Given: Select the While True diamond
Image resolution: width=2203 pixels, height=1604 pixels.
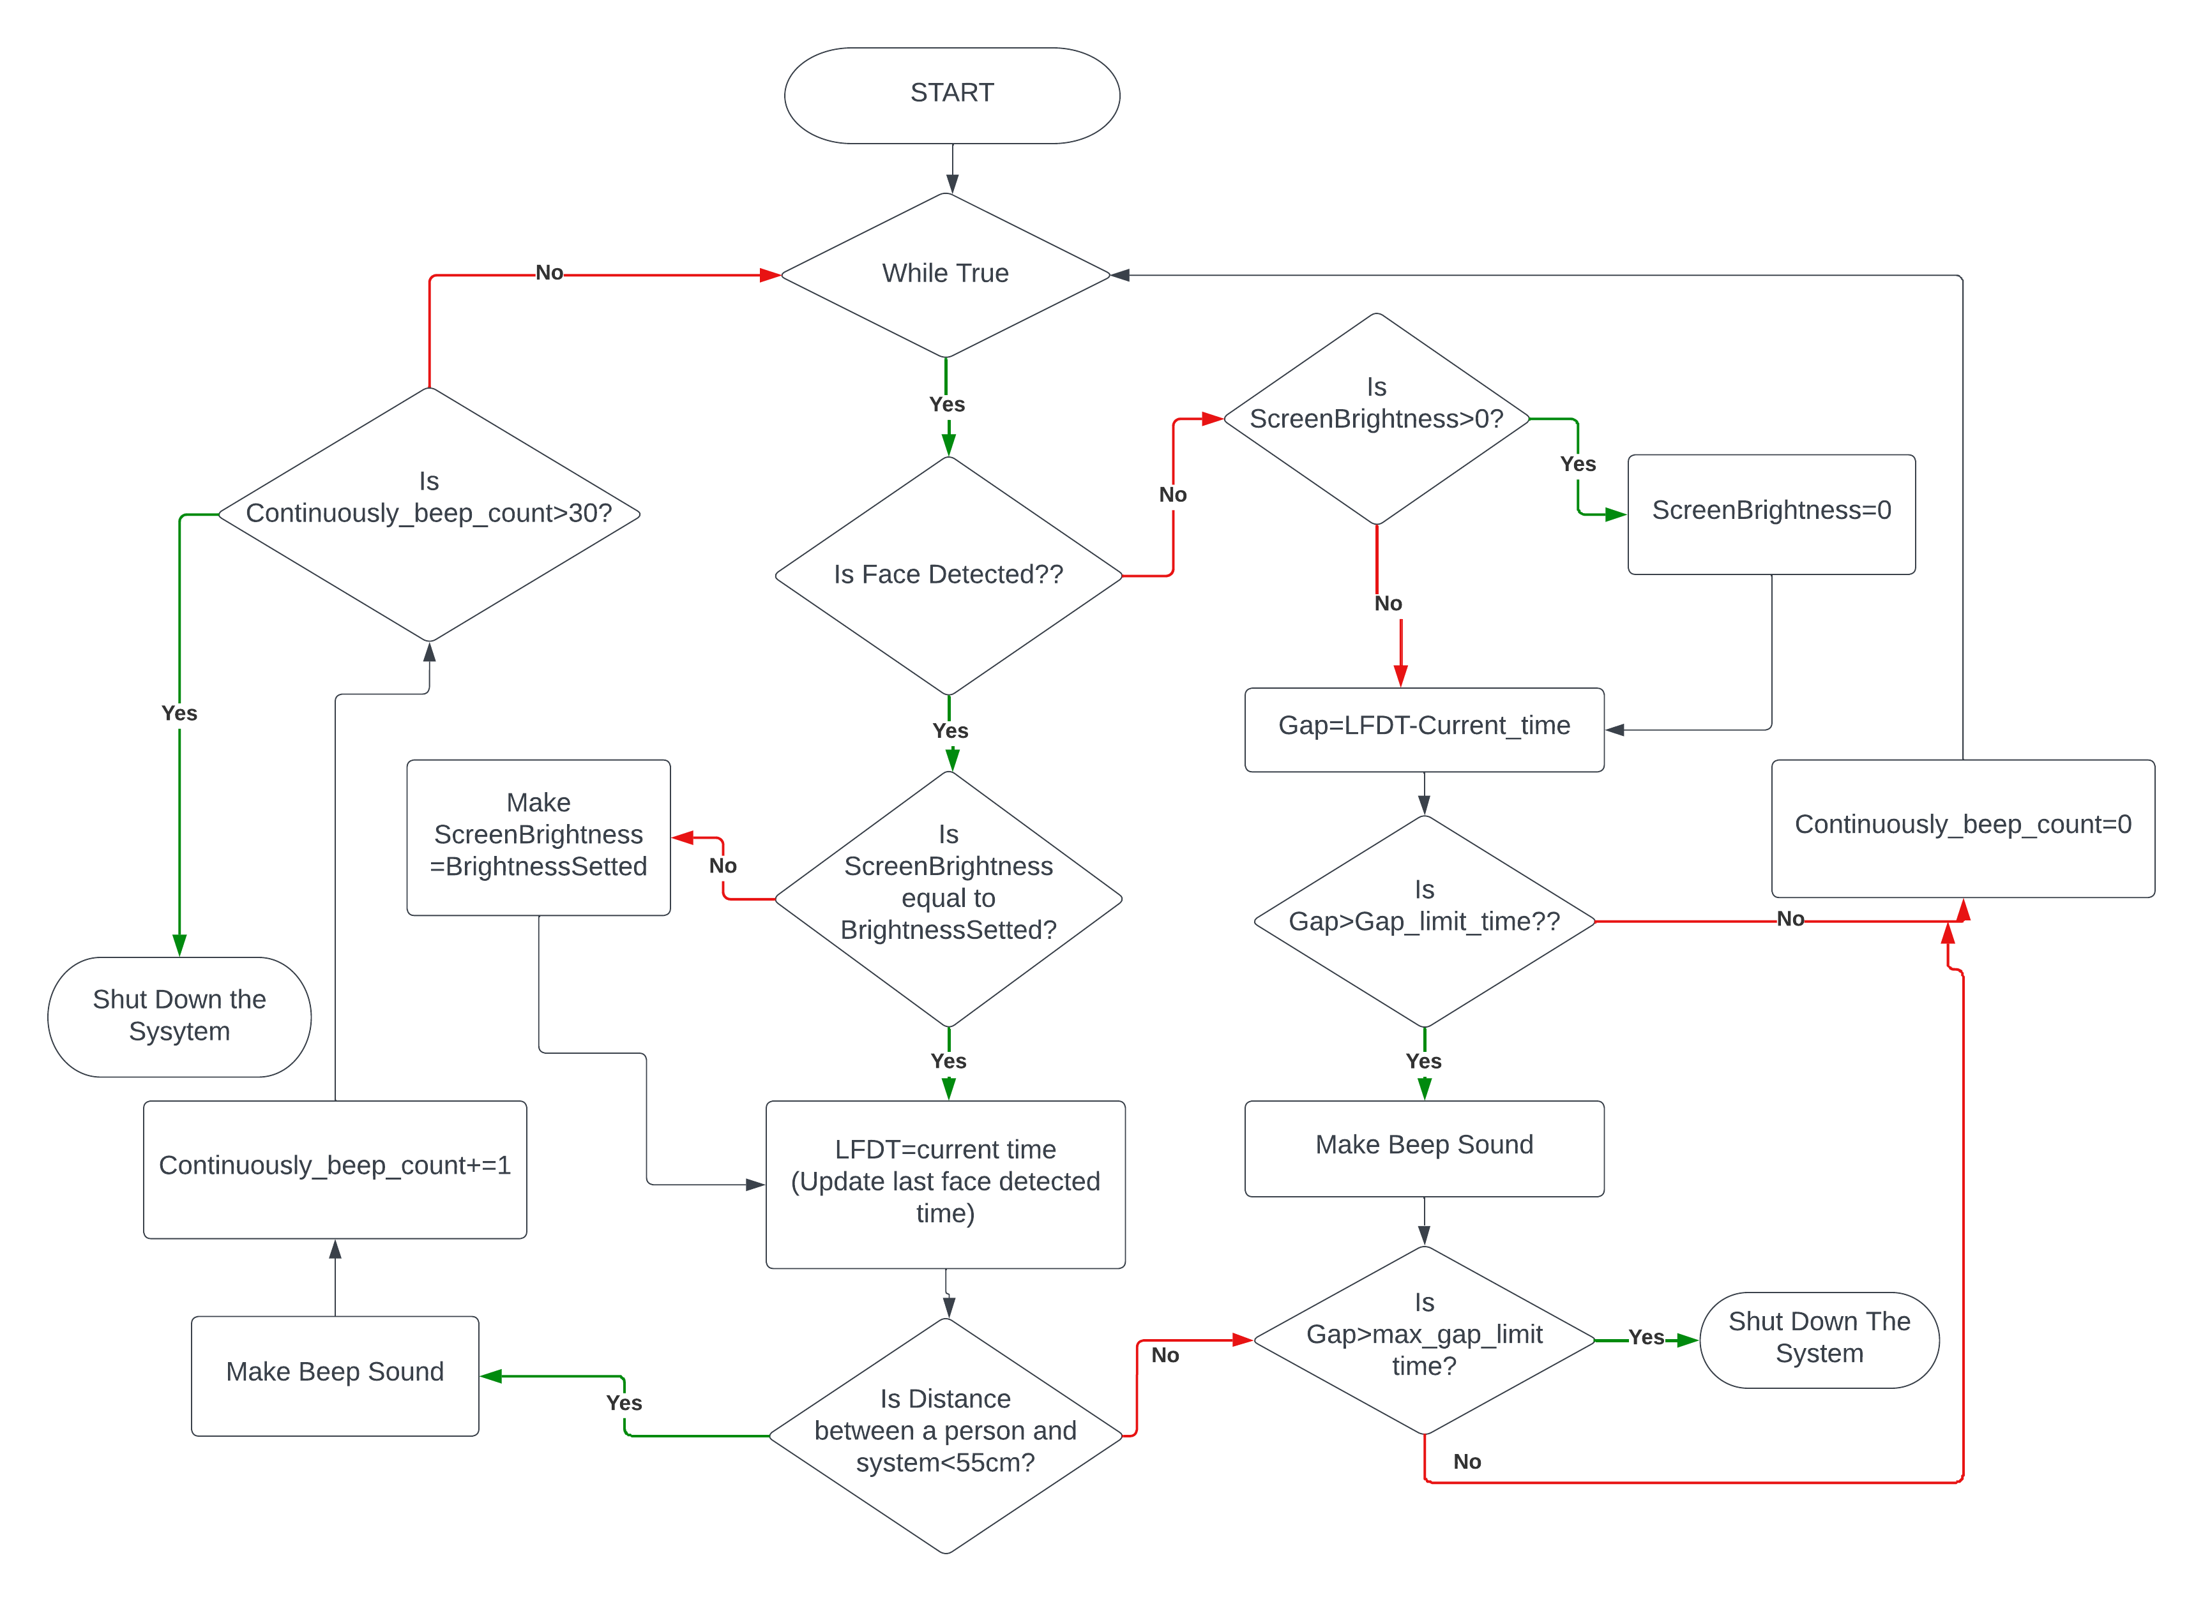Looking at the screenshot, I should coord(945,274).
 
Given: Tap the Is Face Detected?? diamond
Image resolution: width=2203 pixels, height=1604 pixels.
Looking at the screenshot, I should coord(948,575).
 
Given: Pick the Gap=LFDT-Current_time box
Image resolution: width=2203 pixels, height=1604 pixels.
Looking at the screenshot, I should coord(1423,728).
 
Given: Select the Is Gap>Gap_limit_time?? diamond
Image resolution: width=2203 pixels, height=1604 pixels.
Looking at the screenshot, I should coord(1423,920).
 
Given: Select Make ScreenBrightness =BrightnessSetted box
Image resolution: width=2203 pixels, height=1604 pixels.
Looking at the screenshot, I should coord(538,836).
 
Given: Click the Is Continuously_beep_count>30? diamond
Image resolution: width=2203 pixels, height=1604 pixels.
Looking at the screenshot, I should coord(428,514).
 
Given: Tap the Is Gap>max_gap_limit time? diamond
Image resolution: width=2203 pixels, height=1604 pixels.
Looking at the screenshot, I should coord(1423,1339).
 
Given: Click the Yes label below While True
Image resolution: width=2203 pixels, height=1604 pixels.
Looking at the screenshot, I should coord(946,404).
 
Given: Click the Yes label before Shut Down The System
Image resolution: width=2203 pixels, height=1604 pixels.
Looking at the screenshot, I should coord(1646,1337).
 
